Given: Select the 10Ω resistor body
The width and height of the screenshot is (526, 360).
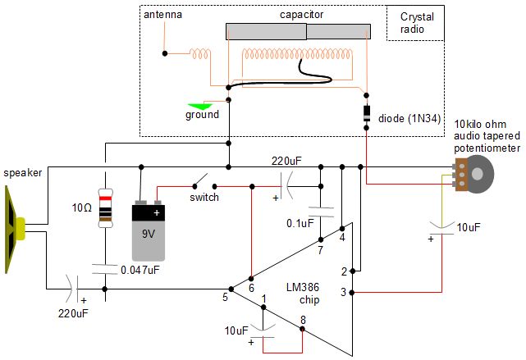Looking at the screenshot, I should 105,208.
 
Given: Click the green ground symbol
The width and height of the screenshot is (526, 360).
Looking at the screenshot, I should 201,105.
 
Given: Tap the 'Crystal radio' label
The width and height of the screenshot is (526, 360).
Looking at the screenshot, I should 416,23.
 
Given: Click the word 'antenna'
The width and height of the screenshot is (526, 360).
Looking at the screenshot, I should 162,16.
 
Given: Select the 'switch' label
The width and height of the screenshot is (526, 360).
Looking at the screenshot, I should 204,198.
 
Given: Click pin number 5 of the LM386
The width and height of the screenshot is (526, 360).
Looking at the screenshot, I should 225,297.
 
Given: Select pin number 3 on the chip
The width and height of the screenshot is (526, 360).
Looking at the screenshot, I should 344,292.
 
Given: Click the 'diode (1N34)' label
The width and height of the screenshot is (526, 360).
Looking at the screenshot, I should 410,118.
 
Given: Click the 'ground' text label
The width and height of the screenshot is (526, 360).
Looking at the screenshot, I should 202,115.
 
